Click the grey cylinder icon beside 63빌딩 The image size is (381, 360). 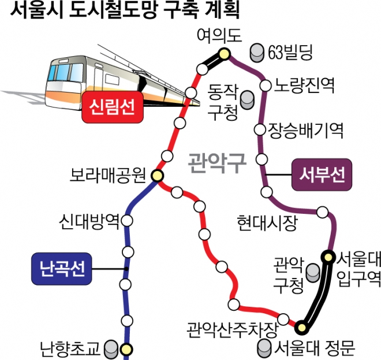pyautogui.click(x=257, y=53)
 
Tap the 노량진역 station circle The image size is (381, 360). pyautogui.click(x=266, y=86)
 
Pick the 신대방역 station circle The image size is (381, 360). pyautogui.click(x=127, y=220)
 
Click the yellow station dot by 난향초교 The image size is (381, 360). pyautogui.click(x=126, y=348)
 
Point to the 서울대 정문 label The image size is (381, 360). pyautogui.click(x=315, y=348)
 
